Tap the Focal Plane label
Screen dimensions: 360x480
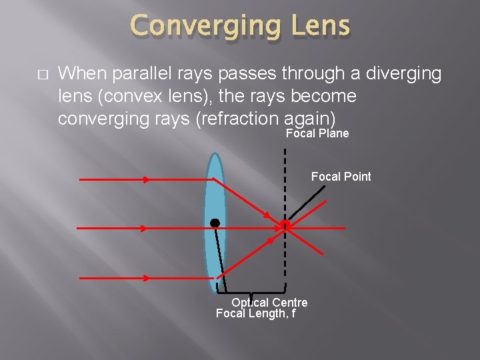(317, 134)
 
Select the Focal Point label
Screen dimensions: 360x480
(341, 177)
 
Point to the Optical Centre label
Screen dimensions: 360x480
(269, 303)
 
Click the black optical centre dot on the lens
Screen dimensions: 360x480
(215, 222)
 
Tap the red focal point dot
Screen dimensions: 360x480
(285, 226)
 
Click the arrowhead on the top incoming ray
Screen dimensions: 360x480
(146, 179)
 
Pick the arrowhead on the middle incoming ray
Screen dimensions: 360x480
(145, 228)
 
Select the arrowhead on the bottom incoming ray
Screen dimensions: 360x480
(146, 277)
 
